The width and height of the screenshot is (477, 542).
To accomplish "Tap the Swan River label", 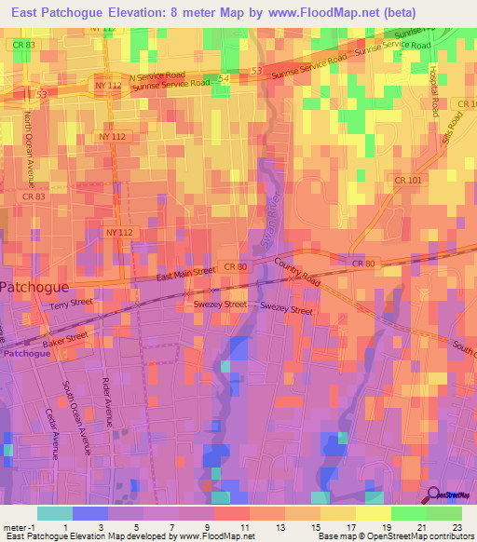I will click(x=273, y=224).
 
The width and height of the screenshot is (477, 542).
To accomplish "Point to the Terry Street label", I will click(x=72, y=305).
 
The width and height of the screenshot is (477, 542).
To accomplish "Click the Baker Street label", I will click(x=65, y=341).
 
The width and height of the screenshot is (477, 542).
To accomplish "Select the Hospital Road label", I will click(x=434, y=90).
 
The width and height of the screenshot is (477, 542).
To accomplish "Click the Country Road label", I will click(x=297, y=272).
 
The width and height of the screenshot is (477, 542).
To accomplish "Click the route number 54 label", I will click(x=222, y=79).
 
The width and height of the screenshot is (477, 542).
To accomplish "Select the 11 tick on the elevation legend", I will click(x=245, y=528).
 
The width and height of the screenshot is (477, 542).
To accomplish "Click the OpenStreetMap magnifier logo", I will click(x=435, y=495).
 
